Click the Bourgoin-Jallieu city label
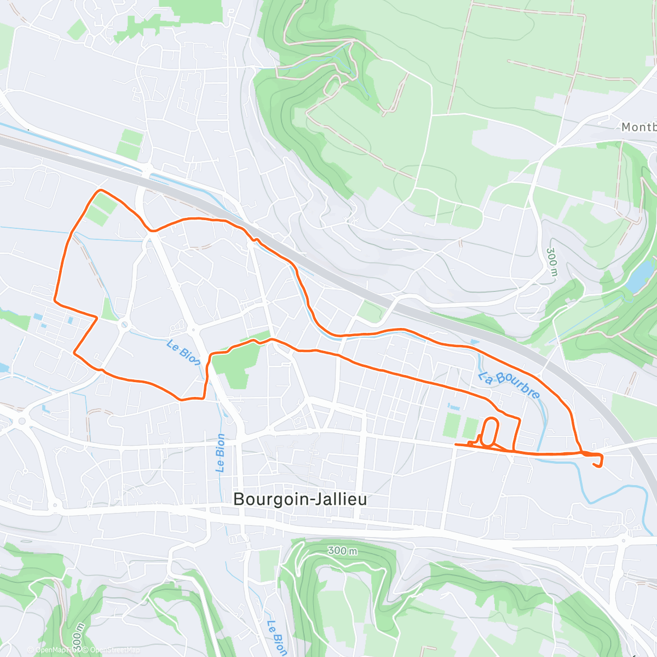[x=299, y=499]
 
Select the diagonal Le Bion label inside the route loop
[x=183, y=353]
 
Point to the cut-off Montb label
[x=638, y=127]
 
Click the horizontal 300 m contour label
[x=342, y=550]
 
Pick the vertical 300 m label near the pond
[x=552, y=262]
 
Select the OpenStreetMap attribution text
[x=112, y=650]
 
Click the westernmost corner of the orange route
[x=54, y=299]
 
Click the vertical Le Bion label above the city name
[x=220, y=453]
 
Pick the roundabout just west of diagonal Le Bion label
[x=125, y=325]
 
